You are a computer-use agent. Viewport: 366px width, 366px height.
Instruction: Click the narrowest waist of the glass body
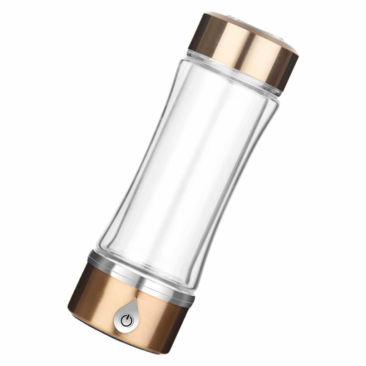pyautogui.click(x=186, y=172)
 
